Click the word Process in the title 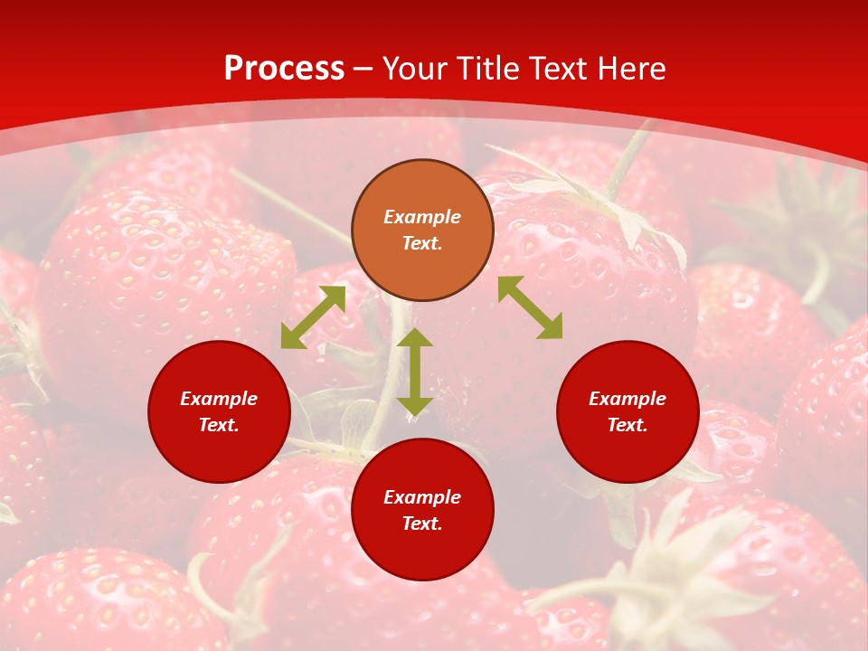pyautogui.click(x=284, y=69)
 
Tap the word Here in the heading pyautogui.click(x=630, y=69)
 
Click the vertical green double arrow pyautogui.click(x=415, y=373)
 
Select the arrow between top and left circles pyautogui.click(x=313, y=317)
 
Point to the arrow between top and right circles pyautogui.click(x=531, y=307)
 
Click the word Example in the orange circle pyautogui.click(x=422, y=217)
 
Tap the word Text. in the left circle pyautogui.click(x=219, y=425)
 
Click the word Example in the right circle pyautogui.click(x=627, y=399)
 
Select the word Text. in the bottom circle pyautogui.click(x=422, y=524)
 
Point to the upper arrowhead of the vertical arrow pyautogui.click(x=415, y=338)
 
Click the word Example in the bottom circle pyautogui.click(x=422, y=497)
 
